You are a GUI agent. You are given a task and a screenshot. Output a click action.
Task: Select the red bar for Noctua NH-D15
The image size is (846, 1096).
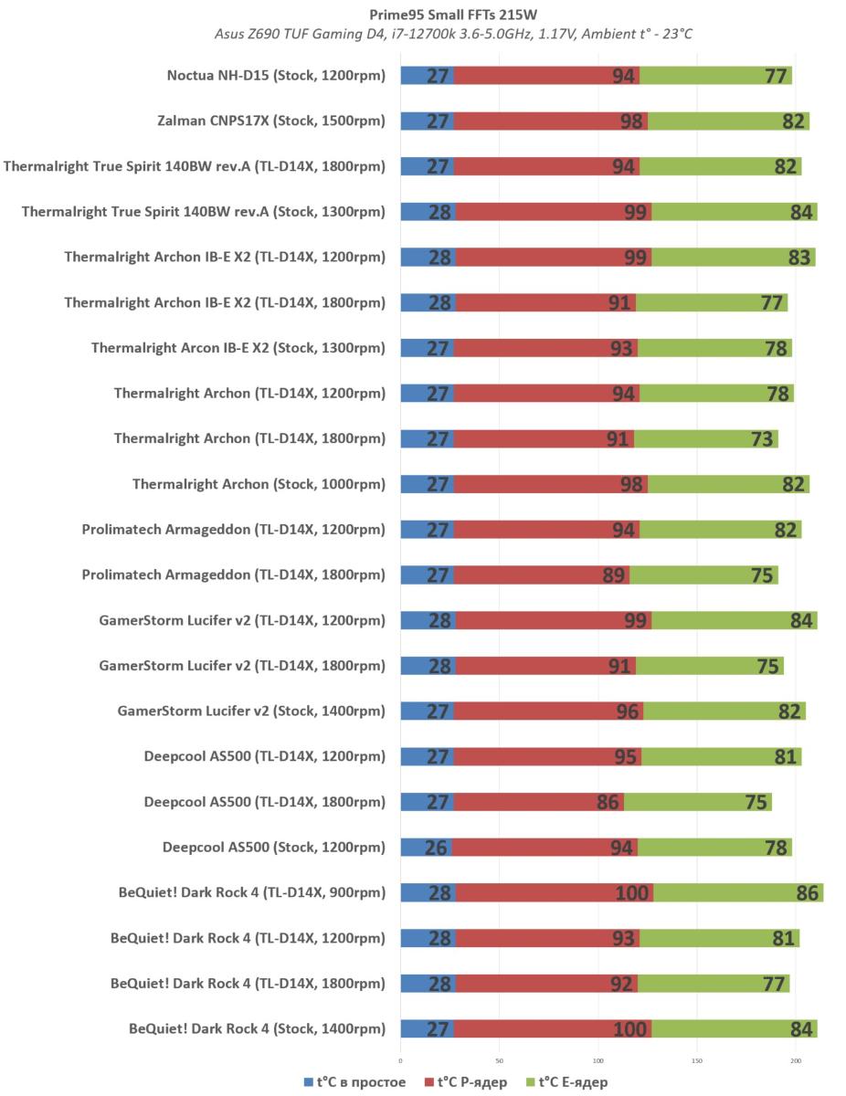click(546, 76)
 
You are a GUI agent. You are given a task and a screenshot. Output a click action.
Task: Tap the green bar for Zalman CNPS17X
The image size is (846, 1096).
click(728, 121)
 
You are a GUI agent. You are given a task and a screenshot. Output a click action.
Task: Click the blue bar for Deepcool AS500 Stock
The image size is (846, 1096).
click(427, 848)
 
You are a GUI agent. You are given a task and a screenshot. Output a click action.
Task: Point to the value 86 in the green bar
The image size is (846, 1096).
click(807, 893)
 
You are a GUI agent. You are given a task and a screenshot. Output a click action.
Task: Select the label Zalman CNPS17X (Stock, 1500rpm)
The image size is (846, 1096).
click(271, 121)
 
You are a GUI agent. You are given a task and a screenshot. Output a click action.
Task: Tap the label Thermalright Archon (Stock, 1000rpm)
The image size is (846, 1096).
click(259, 484)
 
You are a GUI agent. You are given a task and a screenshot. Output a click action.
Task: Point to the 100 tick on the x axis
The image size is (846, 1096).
click(598, 1060)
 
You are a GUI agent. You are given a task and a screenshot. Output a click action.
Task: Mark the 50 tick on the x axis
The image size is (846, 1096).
click(499, 1060)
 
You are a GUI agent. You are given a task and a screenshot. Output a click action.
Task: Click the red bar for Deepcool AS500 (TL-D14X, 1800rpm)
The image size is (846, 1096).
click(539, 802)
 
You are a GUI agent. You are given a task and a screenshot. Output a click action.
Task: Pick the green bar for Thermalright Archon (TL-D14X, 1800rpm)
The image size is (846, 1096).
click(706, 439)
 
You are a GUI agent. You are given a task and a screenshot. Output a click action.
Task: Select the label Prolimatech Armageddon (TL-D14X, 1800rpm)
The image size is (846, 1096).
click(233, 575)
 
